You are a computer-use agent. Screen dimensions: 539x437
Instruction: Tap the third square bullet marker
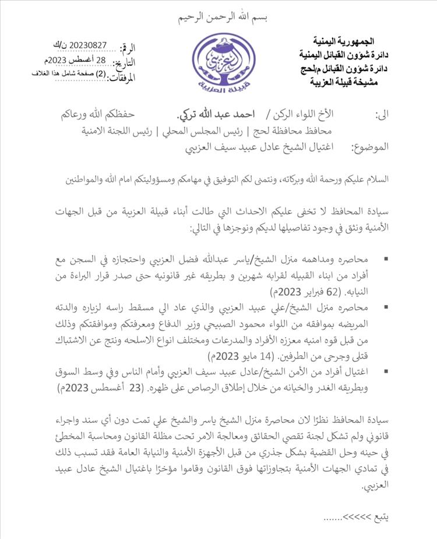(x=386, y=372)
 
